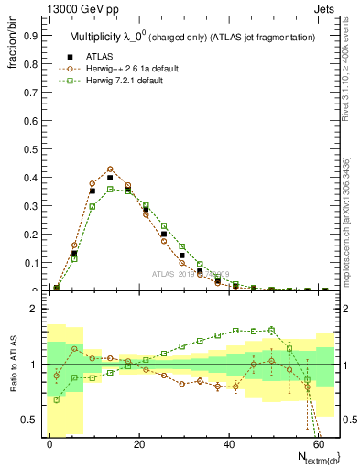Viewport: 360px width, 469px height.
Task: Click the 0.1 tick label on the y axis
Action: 29,263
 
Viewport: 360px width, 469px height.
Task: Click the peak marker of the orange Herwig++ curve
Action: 110,169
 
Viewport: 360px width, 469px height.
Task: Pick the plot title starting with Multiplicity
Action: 192,37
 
